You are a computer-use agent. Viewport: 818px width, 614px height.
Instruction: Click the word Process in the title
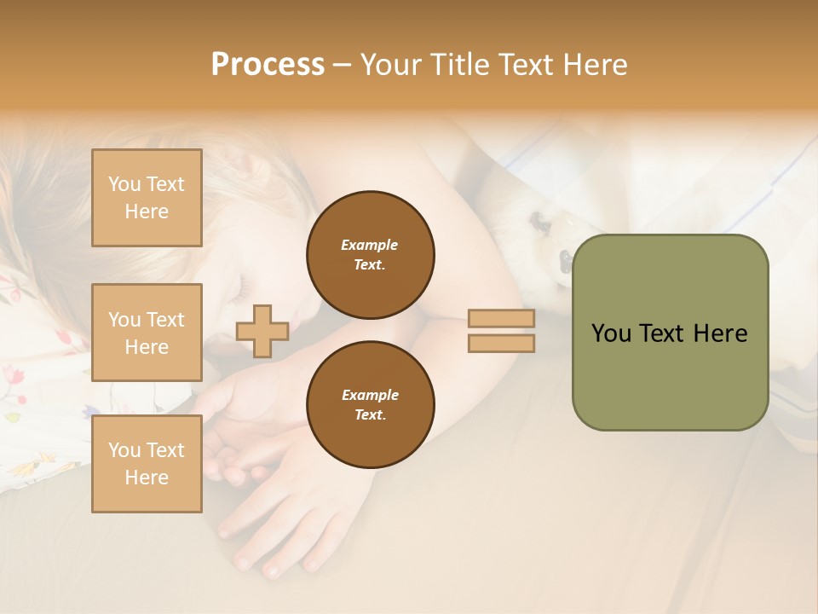pyautogui.click(x=268, y=65)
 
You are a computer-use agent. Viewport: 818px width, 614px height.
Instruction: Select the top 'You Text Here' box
pyautogui.click(x=147, y=198)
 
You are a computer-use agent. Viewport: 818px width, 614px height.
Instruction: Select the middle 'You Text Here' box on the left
pyautogui.click(x=147, y=333)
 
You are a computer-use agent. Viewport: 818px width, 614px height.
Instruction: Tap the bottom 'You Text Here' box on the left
pyautogui.click(x=147, y=463)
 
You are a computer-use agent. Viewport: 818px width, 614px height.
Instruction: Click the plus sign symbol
pyautogui.click(x=262, y=331)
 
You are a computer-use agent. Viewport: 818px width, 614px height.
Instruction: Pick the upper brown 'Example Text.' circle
pyautogui.click(x=370, y=255)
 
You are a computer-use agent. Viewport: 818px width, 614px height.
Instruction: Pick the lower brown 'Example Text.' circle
pyautogui.click(x=370, y=405)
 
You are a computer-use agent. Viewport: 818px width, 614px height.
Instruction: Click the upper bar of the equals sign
pyautogui.click(x=501, y=319)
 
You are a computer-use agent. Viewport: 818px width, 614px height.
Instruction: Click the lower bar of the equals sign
pyautogui.click(x=501, y=343)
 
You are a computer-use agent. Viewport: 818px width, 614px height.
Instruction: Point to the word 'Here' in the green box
pyautogui.click(x=720, y=333)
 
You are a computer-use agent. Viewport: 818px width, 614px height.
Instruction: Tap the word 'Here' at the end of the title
pyautogui.click(x=596, y=65)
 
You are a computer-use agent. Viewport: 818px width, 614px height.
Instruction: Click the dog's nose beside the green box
pyautogui.click(x=563, y=258)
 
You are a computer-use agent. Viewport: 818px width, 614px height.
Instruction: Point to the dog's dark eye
pyautogui.click(x=539, y=223)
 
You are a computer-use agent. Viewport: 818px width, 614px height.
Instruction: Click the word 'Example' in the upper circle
pyautogui.click(x=370, y=245)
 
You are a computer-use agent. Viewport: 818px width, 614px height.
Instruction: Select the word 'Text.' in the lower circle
pyautogui.click(x=370, y=415)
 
